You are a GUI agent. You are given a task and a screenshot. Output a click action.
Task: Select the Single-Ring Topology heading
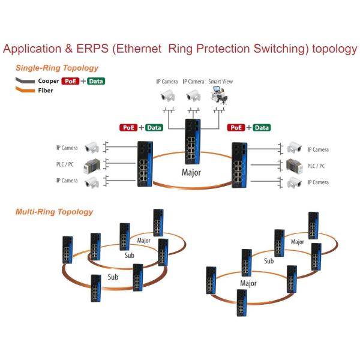(x=57, y=68)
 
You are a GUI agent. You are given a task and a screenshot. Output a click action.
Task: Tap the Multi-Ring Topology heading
(x=55, y=212)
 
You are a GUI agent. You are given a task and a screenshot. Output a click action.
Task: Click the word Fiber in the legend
(x=46, y=91)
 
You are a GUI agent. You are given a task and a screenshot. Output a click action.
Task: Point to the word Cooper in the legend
(x=49, y=81)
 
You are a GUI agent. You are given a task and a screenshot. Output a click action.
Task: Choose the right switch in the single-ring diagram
(x=239, y=164)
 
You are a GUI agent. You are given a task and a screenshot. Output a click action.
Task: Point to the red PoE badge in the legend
(x=70, y=81)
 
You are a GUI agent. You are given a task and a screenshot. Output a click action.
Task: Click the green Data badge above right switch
(x=262, y=128)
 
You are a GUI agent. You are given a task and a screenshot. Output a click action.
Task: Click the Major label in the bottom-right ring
(x=248, y=283)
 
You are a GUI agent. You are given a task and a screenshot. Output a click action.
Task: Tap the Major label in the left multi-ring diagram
(x=144, y=241)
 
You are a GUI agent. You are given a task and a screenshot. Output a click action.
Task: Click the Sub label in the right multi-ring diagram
(x=269, y=261)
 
